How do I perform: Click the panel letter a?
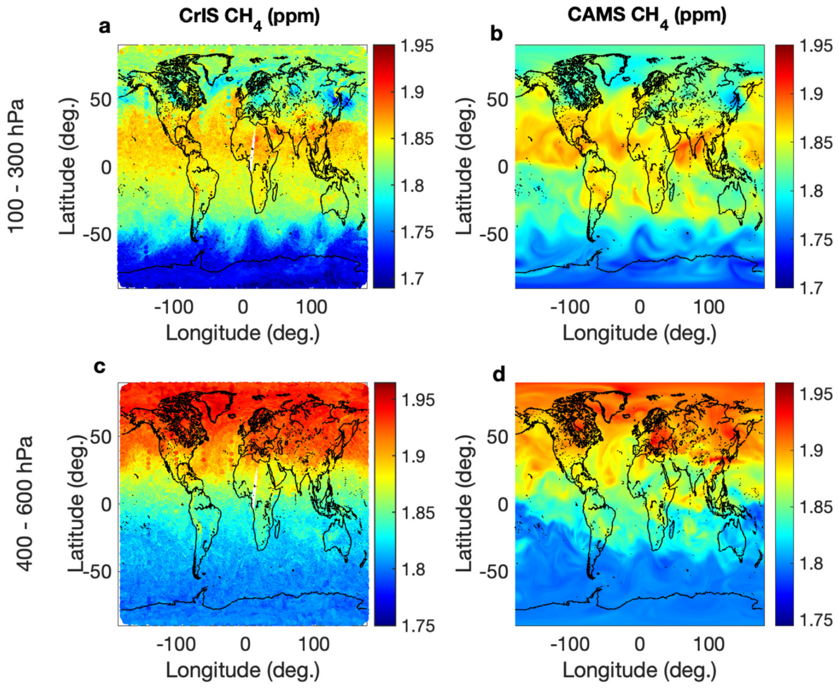pos(105,28)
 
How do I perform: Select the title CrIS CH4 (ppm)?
pos(249,17)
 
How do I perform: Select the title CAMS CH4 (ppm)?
pos(646,17)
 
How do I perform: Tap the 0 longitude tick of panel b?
pos(639,307)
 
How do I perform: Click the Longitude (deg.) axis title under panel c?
pos(243,670)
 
